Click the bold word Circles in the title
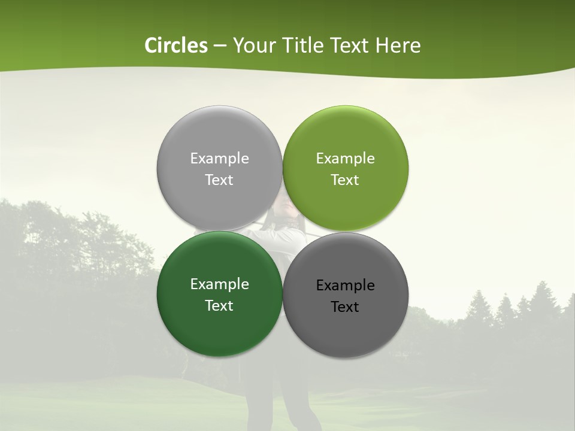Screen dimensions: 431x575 click(176, 45)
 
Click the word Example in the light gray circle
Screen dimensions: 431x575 click(219, 159)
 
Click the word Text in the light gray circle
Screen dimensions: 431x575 click(219, 180)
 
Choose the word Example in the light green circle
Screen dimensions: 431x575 click(346, 159)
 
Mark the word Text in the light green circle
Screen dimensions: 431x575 click(346, 180)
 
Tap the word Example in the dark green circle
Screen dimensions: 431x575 click(219, 284)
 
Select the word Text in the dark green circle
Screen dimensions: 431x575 click(219, 305)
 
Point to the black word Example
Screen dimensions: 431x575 click(346, 286)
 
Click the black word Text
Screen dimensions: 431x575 click(346, 307)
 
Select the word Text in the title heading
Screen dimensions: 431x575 click(349, 45)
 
